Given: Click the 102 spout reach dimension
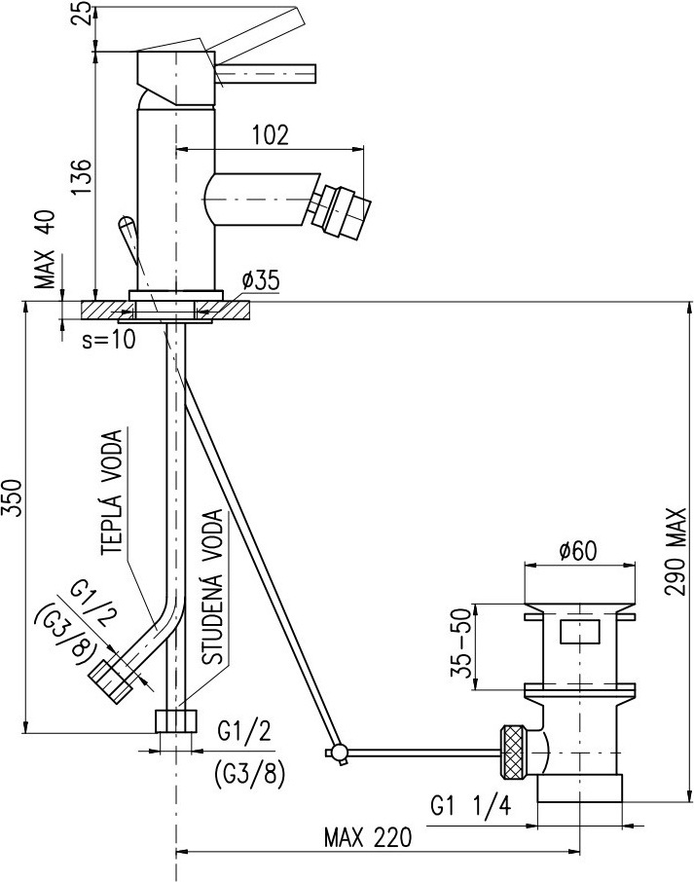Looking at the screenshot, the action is click(x=270, y=135).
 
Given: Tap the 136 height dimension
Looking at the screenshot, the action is click(x=81, y=176).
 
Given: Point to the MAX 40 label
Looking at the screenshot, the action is click(x=48, y=249).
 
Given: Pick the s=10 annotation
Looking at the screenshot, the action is click(x=109, y=339).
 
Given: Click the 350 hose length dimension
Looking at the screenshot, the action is click(x=13, y=497).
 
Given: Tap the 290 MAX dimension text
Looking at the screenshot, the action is click(x=675, y=552).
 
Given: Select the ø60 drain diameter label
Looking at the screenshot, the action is click(x=578, y=551).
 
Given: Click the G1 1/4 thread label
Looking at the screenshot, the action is click(x=471, y=807).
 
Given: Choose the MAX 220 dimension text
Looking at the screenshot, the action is click(x=368, y=838).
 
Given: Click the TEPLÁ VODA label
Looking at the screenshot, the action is click(x=113, y=493).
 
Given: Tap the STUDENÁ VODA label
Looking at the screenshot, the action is click(x=212, y=587).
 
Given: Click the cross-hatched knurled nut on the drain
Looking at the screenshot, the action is click(x=515, y=753).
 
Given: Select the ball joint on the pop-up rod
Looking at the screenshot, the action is click(x=339, y=753).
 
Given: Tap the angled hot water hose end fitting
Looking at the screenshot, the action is click(x=111, y=680).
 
